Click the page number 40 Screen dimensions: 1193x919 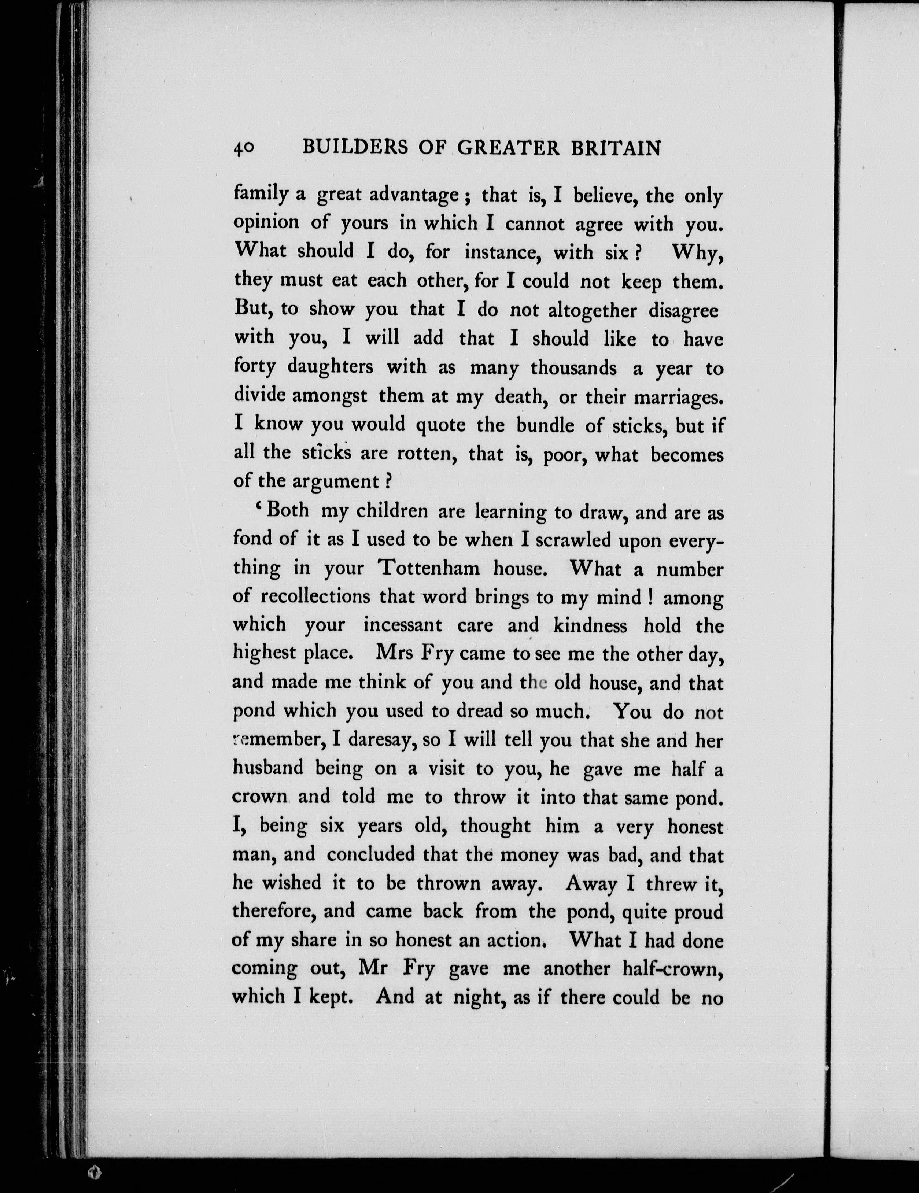tap(243, 149)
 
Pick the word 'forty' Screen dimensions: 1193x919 tap(254, 367)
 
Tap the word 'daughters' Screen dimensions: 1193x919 tap(330, 367)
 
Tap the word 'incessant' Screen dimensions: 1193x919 tap(403, 625)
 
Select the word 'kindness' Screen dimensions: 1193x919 tap(590, 625)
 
